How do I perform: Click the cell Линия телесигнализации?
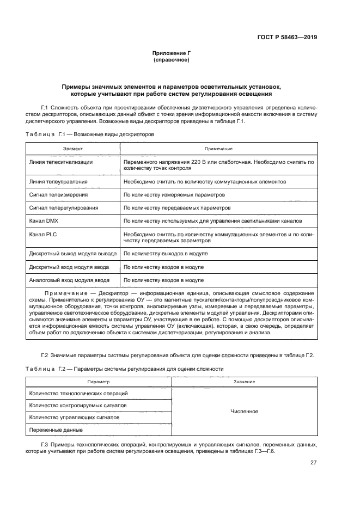(61, 162)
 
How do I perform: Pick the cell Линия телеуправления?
(58, 181)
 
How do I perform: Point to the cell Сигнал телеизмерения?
(58, 194)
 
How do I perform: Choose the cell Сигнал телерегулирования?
(63, 208)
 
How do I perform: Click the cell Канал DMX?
(44, 221)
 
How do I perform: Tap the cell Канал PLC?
(43, 234)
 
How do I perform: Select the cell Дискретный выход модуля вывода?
(72, 254)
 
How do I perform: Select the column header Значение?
(244, 382)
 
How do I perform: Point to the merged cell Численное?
(244, 412)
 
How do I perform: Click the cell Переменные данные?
(56, 430)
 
